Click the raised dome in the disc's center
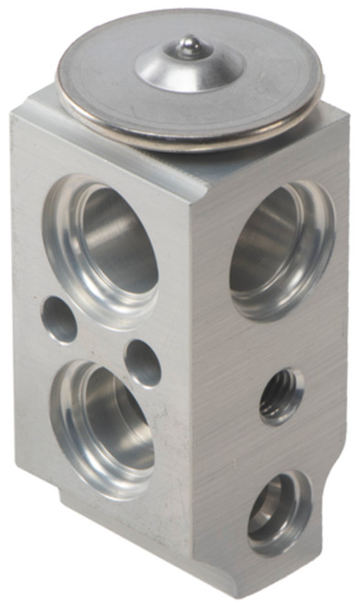[190, 62]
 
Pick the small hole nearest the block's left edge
[60, 320]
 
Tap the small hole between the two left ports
[143, 362]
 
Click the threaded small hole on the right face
[281, 395]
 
